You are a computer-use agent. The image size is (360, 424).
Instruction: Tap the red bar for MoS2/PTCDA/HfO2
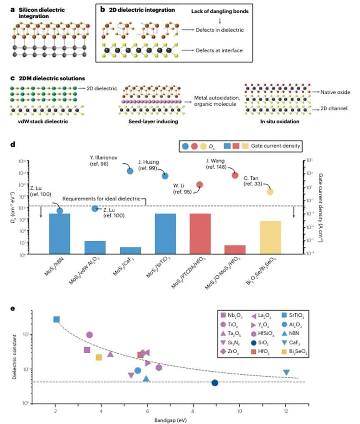pyautogui.click(x=200, y=233)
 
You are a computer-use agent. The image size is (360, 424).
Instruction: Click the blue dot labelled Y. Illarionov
pyautogui.click(x=130, y=171)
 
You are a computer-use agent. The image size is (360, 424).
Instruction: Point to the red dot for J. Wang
pyautogui.click(x=235, y=175)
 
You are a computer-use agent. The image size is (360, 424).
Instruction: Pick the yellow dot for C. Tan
pyautogui.click(x=270, y=192)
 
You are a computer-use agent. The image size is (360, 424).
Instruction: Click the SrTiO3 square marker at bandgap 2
pyautogui.click(x=57, y=319)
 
